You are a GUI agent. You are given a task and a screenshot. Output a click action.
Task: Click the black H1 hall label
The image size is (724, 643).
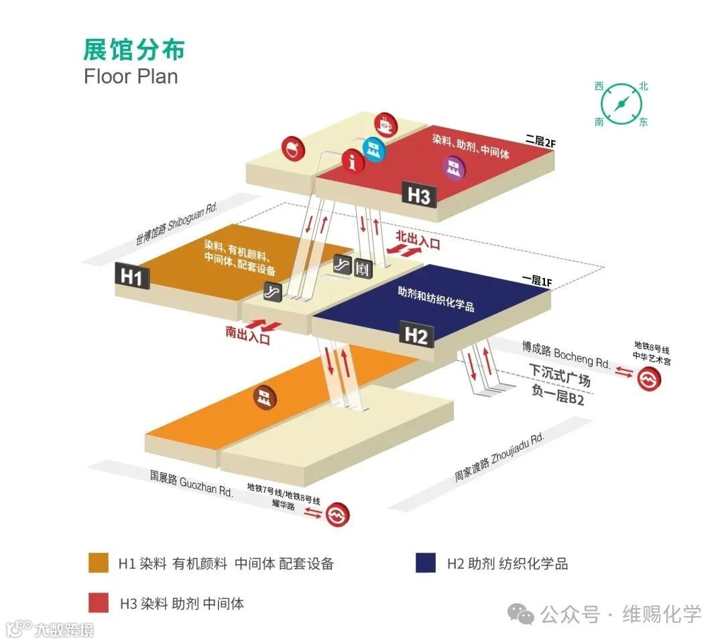[132, 276]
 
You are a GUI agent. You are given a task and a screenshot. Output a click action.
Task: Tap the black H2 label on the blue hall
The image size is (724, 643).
[416, 335]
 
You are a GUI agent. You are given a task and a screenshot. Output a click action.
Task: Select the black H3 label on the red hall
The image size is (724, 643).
[419, 196]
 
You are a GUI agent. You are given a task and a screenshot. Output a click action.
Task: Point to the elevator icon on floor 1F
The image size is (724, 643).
[363, 268]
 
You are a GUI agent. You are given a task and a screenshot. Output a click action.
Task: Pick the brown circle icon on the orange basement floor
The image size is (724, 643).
[265, 397]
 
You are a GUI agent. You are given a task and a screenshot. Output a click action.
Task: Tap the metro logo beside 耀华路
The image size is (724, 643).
[338, 515]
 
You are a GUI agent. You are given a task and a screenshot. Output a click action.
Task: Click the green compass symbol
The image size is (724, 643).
[621, 103]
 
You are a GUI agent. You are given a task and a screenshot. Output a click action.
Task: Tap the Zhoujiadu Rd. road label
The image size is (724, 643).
[499, 457]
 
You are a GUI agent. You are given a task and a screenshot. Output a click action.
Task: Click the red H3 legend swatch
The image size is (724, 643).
[99, 603]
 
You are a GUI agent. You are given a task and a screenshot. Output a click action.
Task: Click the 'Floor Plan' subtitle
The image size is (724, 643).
[131, 76]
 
